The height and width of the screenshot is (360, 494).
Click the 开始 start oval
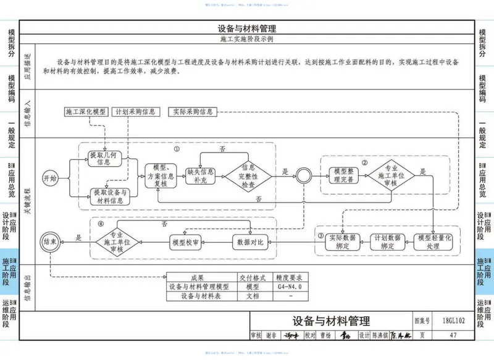50,178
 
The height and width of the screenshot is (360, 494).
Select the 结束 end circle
50,241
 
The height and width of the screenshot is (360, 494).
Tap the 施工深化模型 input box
86,112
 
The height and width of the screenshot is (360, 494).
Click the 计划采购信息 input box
135,112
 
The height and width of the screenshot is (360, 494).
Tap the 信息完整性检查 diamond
248,175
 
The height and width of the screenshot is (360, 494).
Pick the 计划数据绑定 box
388,241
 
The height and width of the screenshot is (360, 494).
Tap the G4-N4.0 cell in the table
289,287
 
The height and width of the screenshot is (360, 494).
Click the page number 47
453,335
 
